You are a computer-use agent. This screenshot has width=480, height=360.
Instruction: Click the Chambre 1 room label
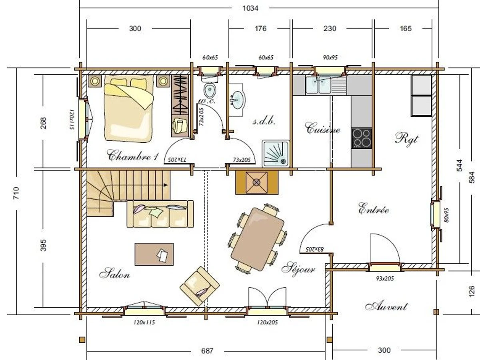(132, 156)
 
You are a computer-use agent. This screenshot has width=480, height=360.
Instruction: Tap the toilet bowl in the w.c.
(210, 90)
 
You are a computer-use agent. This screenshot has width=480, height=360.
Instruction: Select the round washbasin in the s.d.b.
(238, 100)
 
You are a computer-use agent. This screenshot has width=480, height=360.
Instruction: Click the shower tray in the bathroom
(276, 154)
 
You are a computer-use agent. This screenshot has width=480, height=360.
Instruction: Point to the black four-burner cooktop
(362, 138)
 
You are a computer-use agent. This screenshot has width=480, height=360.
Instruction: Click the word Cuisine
(322, 128)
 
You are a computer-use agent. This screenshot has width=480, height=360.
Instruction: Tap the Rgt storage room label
(407, 139)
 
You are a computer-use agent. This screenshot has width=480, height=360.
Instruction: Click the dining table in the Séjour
(258, 239)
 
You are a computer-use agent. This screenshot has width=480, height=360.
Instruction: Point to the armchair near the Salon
(200, 286)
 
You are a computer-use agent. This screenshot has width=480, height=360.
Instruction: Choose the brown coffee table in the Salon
(154, 254)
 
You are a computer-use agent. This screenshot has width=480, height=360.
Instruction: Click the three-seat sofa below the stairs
(160, 214)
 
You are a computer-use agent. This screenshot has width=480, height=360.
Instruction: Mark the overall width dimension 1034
(250, 8)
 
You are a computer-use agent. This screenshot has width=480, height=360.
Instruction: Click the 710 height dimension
(17, 193)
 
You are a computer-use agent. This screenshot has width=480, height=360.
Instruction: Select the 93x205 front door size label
(385, 278)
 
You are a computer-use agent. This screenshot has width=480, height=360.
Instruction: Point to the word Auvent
(386, 306)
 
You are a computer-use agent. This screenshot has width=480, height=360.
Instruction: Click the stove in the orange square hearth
(257, 182)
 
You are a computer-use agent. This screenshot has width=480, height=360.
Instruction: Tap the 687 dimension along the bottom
(207, 351)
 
